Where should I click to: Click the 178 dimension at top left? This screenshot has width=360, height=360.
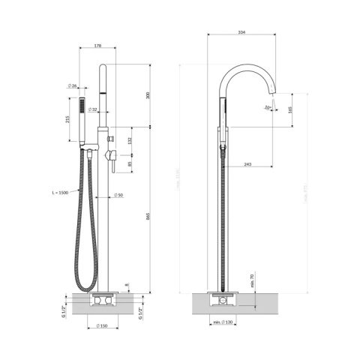98,46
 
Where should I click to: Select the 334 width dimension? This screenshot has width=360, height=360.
241,31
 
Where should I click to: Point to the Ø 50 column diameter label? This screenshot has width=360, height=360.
118,196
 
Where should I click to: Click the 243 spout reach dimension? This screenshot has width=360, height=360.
248,165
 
